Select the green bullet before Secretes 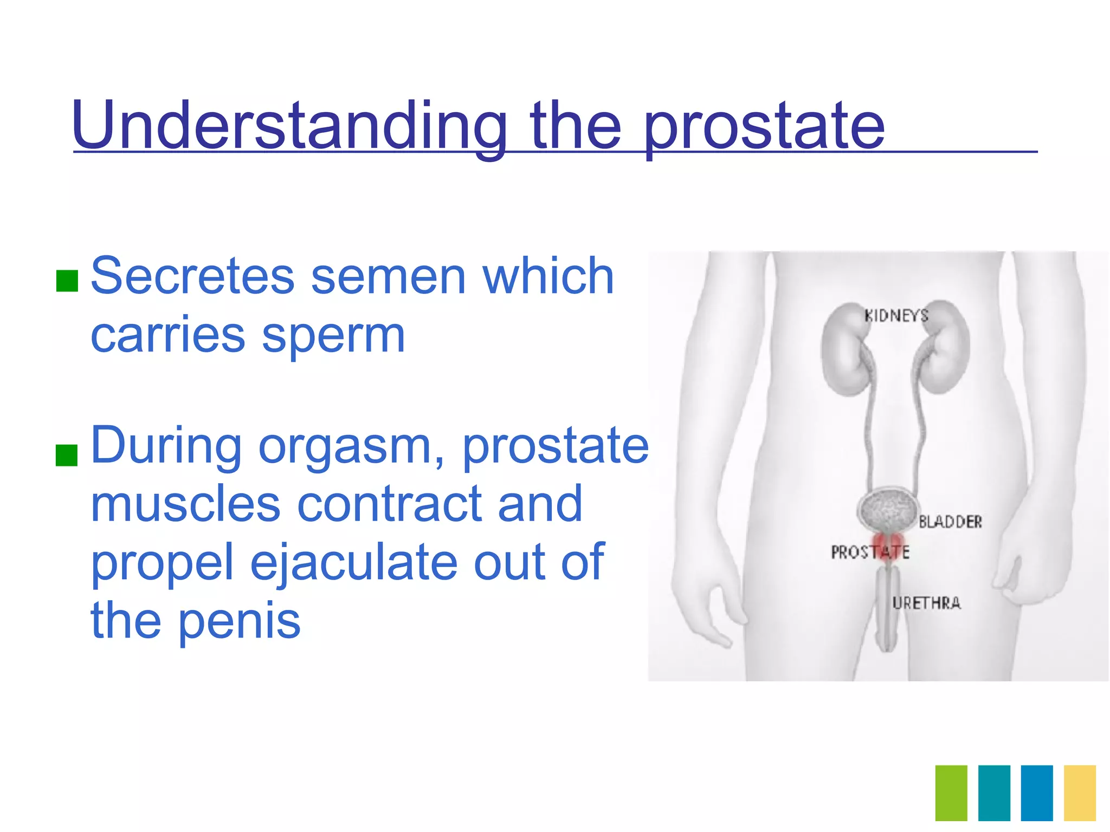coord(67,281)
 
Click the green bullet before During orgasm coord(67,454)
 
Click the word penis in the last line coord(239,621)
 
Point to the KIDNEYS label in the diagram coord(896,316)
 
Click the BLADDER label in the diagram coord(950,522)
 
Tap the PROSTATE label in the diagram coord(869,552)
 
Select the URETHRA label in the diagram coord(926,603)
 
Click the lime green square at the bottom coord(951,792)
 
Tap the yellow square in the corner coord(1080,792)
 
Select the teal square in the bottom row coord(994,792)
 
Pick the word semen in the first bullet coord(388,277)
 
